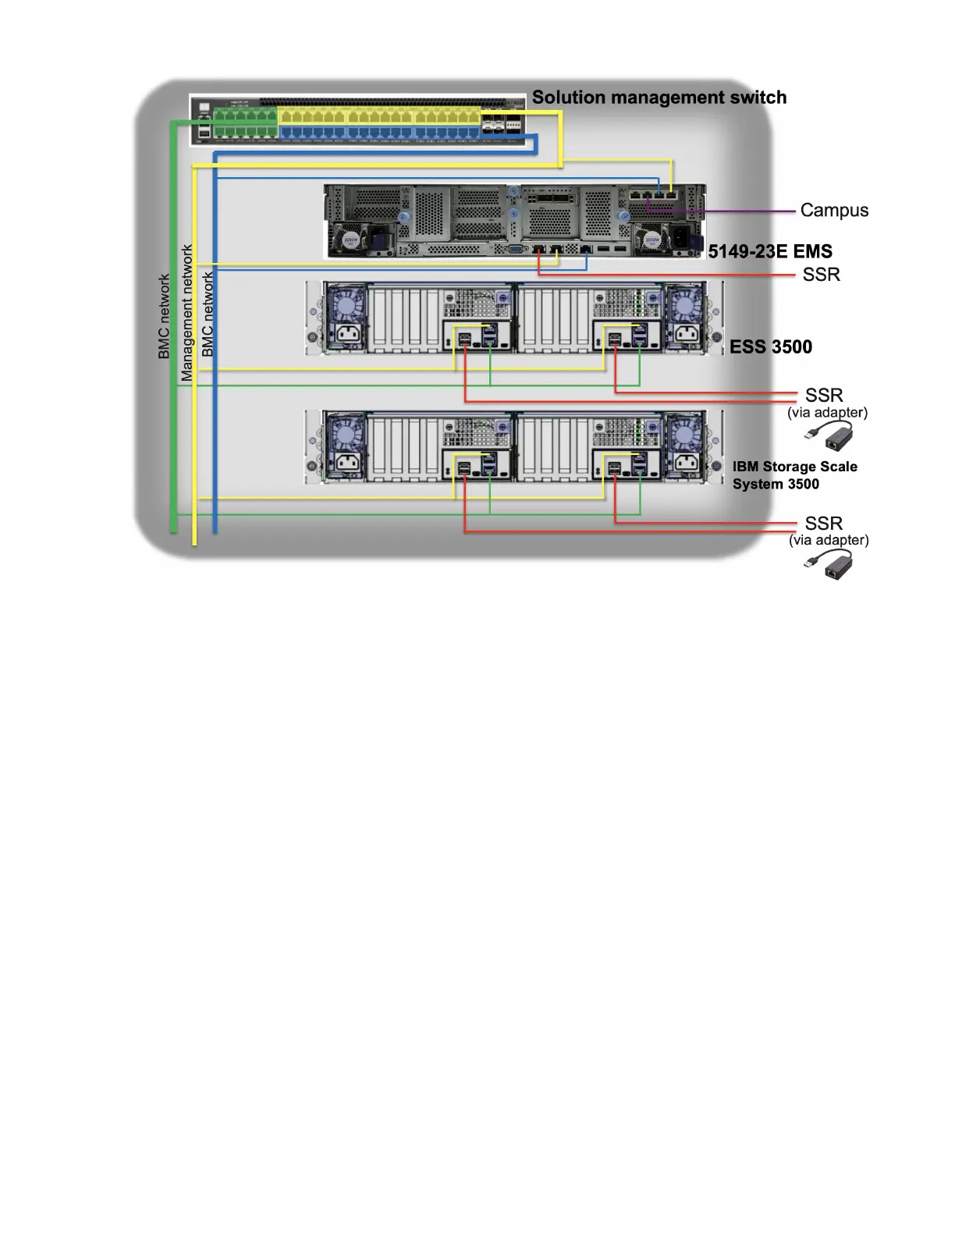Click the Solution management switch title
tap(659, 98)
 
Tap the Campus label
tap(834, 211)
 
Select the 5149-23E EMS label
tap(769, 251)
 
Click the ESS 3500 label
tap(770, 347)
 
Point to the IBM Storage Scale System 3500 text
tap(793, 475)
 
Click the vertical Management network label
tap(186, 313)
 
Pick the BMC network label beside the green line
tap(164, 316)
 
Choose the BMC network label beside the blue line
tap(208, 314)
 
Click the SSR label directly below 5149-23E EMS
tap(821, 275)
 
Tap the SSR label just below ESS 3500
tap(823, 396)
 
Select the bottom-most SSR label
tap(823, 524)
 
